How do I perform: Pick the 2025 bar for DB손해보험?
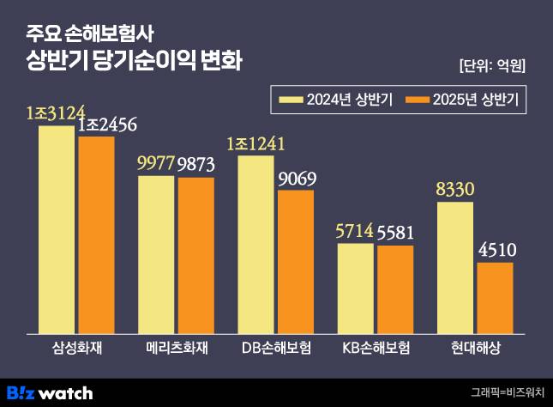click(x=296, y=261)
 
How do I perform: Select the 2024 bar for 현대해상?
click(x=455, y=267)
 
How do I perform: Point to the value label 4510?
click(x=496, y=251)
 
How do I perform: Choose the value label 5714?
click(x=355, y=232)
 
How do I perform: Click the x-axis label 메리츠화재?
click(x=176, y=348)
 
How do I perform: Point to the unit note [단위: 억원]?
click(x=492, y=66)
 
